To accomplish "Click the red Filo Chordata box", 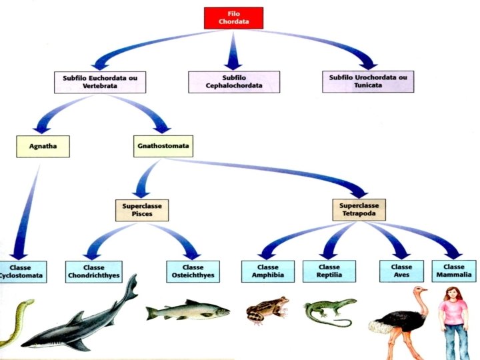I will (x=233, y=18).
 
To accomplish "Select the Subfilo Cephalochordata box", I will (x=233, y=81).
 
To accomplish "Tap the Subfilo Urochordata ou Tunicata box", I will (x=371, y=81).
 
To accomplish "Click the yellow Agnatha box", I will (x=43, y=146).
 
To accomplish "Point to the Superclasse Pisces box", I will (x=141, y=210).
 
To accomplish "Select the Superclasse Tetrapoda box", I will (x=360, y=210).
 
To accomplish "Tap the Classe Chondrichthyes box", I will (x=94, y=271).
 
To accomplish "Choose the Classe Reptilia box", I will (x=329, y=271).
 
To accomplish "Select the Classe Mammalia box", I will (x=454, y=271).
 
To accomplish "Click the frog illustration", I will (x=267, y=309).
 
